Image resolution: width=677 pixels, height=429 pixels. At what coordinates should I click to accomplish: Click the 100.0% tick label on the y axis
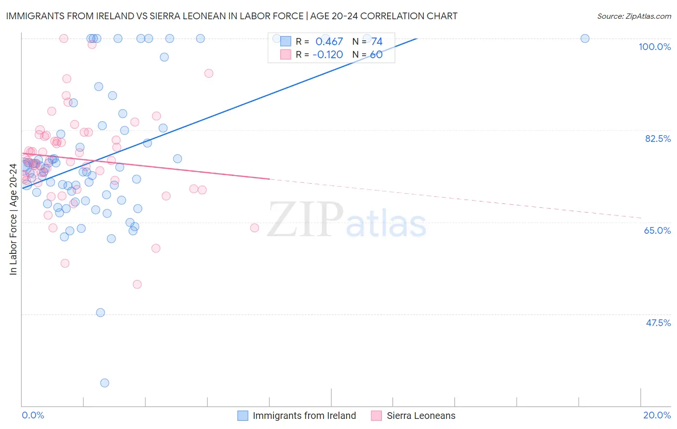pos(654,47)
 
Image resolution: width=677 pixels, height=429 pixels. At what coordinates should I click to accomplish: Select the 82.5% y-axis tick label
pos(658,139)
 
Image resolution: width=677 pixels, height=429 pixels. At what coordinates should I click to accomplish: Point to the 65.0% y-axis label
pos(657,230)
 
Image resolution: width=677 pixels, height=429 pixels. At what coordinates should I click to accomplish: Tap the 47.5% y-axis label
pos(658,323)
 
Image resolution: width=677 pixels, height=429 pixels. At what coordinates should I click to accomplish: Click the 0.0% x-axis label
pos(33,415)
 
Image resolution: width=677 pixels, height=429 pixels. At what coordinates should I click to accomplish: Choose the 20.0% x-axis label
pos(657,415)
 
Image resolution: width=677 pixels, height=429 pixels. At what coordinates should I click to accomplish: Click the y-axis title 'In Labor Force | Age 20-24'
pos(13,219)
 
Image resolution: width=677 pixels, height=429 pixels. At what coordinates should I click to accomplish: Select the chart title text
pos(232,16)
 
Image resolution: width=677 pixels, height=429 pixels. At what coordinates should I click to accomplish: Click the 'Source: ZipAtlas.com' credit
pos(634,16)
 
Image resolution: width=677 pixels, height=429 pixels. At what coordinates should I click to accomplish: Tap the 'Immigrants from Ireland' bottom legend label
pos(304,416)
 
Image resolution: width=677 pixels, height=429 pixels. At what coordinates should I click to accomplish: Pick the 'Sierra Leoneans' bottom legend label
pos(421,416)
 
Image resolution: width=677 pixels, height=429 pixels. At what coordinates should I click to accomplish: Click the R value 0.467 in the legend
pos(329,42)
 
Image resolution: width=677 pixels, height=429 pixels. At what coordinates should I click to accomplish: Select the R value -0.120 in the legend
pos(327,54)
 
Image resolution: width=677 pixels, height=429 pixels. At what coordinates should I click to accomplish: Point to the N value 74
pos(377,42)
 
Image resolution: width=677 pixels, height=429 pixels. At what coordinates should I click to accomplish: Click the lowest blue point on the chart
pos(104,383)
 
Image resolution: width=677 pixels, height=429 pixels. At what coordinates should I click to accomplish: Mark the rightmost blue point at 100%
pos(585,38)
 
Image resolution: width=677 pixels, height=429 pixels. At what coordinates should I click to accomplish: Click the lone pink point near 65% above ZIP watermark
pos(255,227)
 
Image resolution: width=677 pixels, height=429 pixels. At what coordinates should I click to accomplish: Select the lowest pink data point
pos(137,284)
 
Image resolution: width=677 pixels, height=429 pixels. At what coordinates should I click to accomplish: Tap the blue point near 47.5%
pos(101,313)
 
